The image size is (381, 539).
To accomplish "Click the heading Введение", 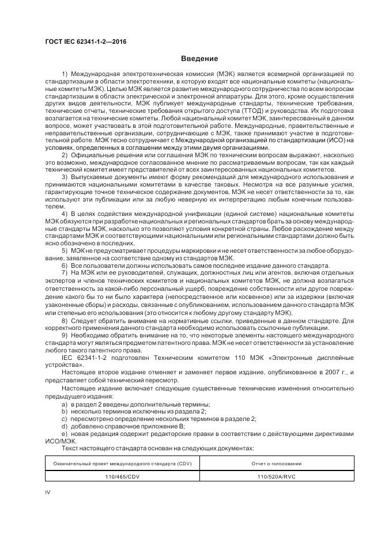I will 199,59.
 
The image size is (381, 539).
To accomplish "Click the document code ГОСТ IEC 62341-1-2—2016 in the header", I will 86,41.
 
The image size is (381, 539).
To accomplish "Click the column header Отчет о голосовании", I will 277,463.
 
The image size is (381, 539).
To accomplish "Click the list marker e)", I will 65,433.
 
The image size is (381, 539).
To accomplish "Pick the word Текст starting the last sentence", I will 71,447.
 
